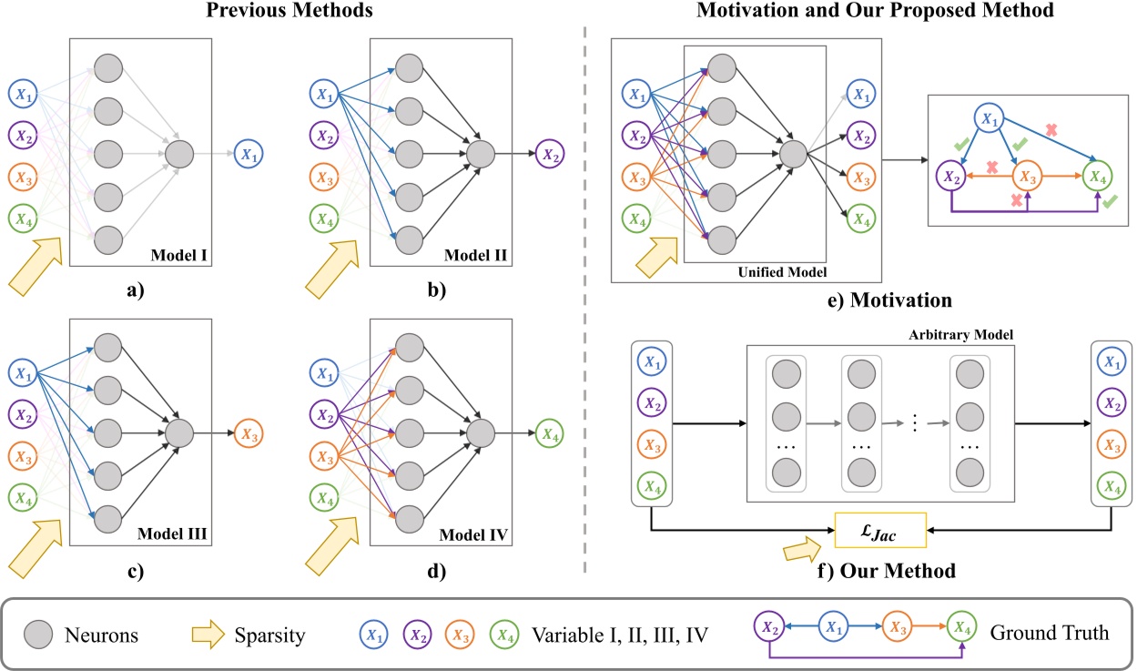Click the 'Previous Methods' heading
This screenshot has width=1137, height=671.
pos(277,13)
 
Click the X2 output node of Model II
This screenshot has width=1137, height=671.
pos(550,152)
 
